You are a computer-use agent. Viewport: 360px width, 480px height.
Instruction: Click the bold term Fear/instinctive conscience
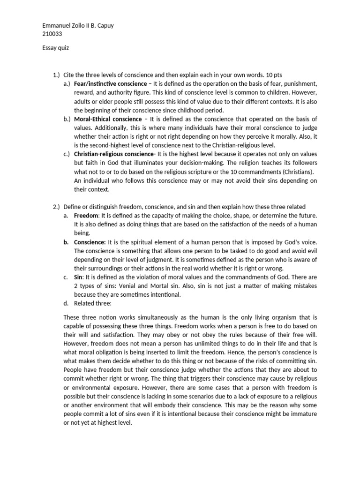tap(111, 84)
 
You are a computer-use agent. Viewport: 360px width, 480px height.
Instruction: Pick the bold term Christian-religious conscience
tap(115, 154)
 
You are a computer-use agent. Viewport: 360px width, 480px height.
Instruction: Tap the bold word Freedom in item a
tap(86, 216)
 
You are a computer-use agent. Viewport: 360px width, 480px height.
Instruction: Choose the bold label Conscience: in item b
tap(90, 242)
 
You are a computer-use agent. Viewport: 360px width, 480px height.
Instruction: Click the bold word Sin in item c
tap(78, 277)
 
